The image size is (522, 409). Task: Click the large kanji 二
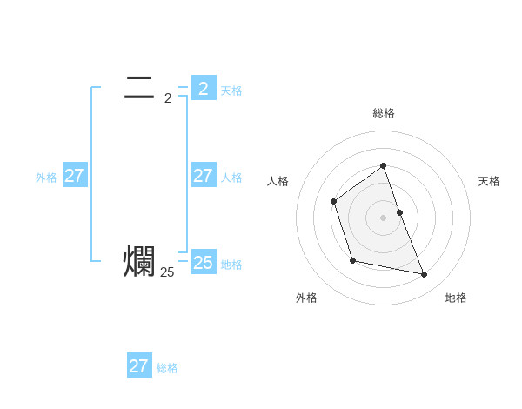[139, 86]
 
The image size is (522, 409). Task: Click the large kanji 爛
[139, 262]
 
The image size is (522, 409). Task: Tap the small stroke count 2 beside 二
[168, 98]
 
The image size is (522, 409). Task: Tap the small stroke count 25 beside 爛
[167, 272]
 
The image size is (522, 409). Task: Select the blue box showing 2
[203, 88]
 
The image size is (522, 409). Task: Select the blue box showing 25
[203, 263]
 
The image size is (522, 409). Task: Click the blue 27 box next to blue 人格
[203, 176]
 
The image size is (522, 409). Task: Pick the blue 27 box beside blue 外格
[74, 176]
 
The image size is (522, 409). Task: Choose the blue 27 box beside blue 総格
[138, 366]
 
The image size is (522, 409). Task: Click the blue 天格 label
[231, 91]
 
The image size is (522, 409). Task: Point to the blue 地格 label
[231, 265]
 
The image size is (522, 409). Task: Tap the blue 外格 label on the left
[46, 178]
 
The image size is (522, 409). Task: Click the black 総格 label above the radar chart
[383, 113]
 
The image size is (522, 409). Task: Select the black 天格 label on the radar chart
[489, 181]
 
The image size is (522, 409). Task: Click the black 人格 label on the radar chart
[278, 181]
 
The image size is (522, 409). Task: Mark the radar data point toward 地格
[425, 275]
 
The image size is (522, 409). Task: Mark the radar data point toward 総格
[383, 165]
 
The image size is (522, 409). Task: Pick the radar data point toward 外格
[352, 260]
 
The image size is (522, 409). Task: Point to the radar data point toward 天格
[399, 212]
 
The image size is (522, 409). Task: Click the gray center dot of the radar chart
[383, 218]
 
